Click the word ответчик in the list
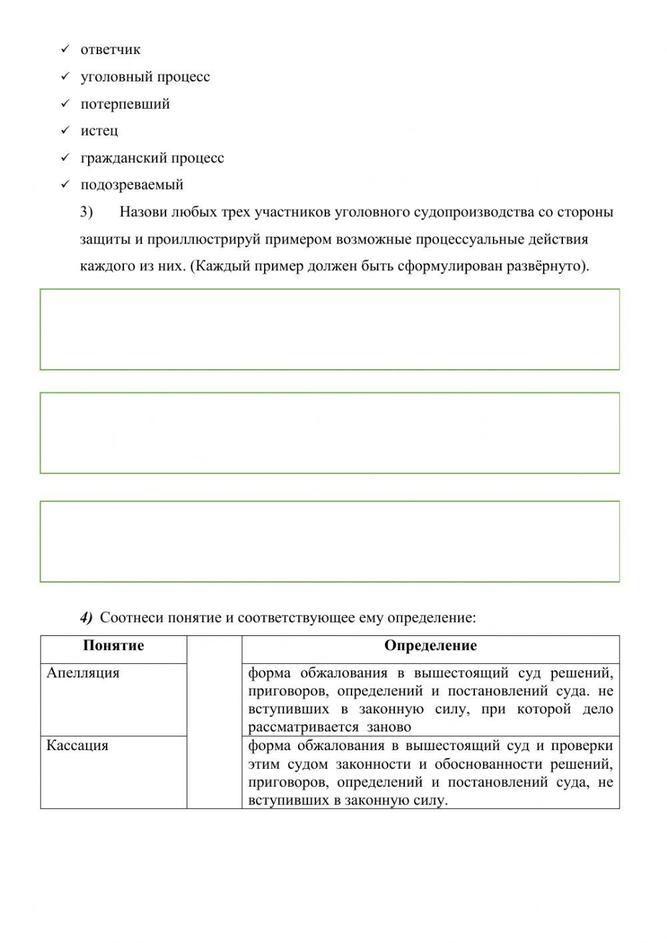coord(110,49)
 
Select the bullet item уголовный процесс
coord(145,77)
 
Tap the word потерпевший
coord(125,104)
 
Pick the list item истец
coord(99,131)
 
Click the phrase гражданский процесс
coord(152,158)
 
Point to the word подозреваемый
coord(131,185)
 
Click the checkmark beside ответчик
coord(65,49)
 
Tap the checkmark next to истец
coord(65,131)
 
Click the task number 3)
coord(87,212)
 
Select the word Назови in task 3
coord(143,212)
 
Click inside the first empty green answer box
coord(329,329)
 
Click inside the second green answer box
coord(329,432)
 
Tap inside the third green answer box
coord(329,541)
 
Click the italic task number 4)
coord(87,617)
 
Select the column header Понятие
coord(113,645)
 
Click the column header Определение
coord(430,645)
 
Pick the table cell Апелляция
coord(83,673)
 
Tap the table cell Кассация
coord(77,745)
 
